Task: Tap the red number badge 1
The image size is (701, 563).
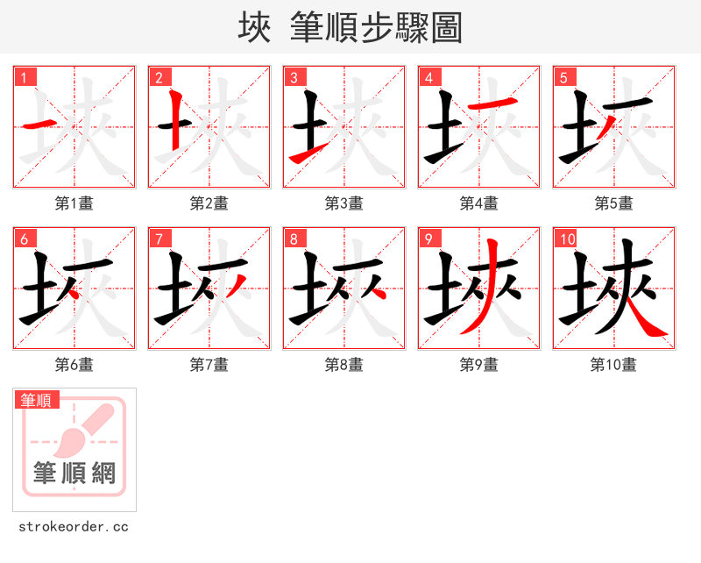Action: pyautogui.click(x=25, y=77)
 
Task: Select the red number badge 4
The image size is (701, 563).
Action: pyautogui.click(x=429, y=77)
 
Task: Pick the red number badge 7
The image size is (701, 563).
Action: pyautogui.click(x=159, y=239)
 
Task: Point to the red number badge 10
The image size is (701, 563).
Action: pyautogui.click(x=566, y=239)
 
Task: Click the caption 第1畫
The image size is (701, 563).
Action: pyautogui.click(x=74, y=203)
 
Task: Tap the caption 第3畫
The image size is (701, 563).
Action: pyautogui.click(x=344, y=203)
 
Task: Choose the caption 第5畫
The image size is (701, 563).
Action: pyautogui.click(x=614, y=203)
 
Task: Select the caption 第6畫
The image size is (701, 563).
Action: pyautogui.click(x=74, y=365)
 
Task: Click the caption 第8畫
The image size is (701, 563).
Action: pyautogui.click(x=344, y=365)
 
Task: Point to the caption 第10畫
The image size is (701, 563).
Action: pyautogui.click(x=614, y=365)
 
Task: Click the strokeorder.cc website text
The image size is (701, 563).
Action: pyautogui.click(x=74, y=527)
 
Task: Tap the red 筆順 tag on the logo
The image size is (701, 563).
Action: pyautogui.click(x=37, y=400)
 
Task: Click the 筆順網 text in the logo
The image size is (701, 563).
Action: pyautogui.click(x=74, y=474)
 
